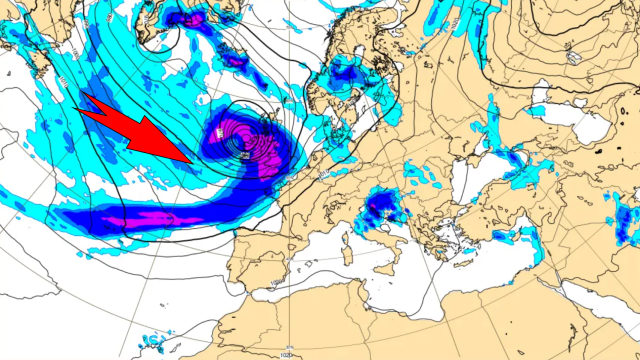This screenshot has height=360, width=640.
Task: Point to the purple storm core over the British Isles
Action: click(x=244, y=145)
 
